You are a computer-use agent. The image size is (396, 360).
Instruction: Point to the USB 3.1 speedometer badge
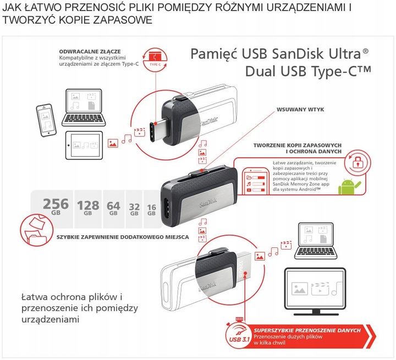coord(240,335)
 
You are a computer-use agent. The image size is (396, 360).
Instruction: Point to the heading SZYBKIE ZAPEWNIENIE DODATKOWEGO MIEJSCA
coord(123,237)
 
